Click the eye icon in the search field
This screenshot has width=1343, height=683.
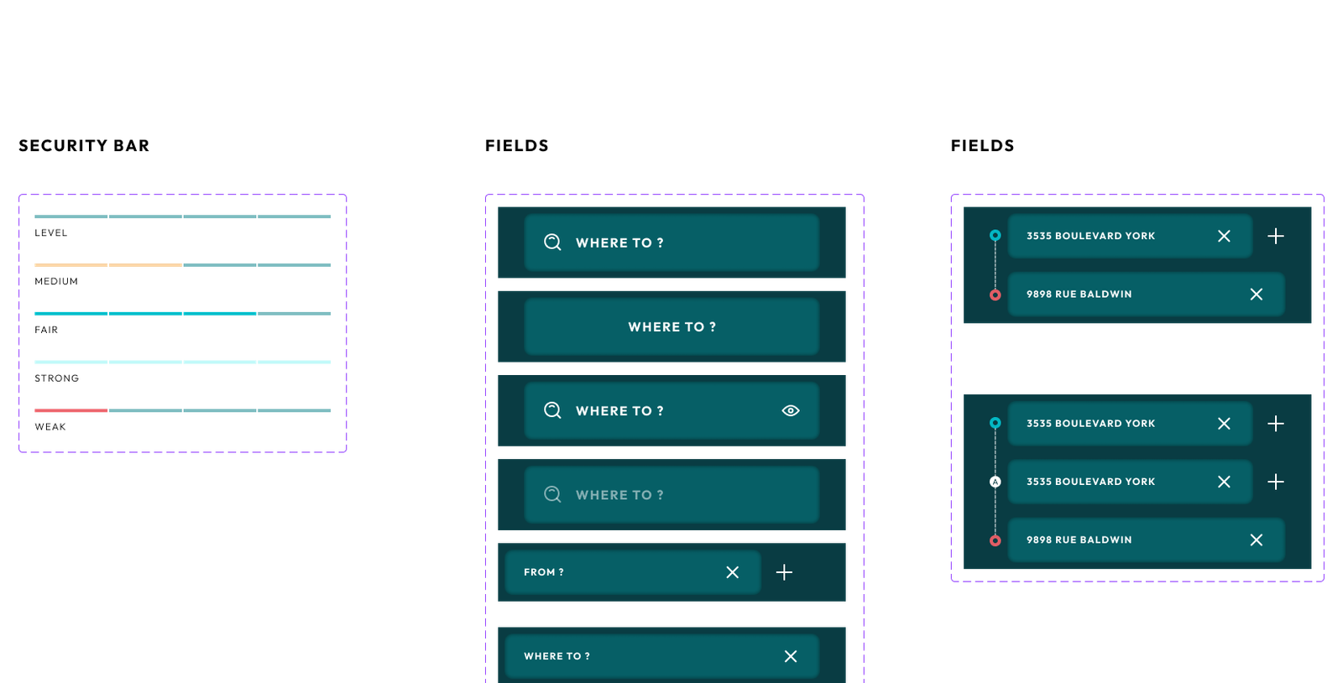coord(791,410)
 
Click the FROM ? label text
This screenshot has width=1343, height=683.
coord(544,572)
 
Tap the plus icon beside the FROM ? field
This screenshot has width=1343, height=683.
coord(784,572)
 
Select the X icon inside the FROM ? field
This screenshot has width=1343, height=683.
coord(733,572)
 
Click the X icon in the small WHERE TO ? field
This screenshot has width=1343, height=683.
coord(791,656)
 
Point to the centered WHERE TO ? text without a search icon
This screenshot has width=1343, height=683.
coord(671,326)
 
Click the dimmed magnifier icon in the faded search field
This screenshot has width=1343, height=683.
coord(552,494)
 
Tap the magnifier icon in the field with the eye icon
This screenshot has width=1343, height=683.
coord(552,410)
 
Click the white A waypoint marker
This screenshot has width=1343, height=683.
coord(995,482)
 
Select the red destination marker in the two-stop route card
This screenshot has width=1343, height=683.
coord(995,295)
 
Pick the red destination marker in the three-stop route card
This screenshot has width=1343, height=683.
coord(995,540)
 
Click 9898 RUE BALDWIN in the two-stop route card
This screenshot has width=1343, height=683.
coord(1079,295)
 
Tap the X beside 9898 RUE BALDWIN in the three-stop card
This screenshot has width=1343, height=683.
coord(1257,540)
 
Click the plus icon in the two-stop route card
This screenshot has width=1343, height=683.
coord(1276,237)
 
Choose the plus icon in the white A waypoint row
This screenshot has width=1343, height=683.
coord(1276,482)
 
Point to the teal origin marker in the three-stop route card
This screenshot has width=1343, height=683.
coord(995,423)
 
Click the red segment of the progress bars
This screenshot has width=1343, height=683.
coord(71,410)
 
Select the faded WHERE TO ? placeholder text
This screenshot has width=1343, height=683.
coord(619,495)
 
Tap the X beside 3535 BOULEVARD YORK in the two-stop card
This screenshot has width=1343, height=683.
coord(1224,237)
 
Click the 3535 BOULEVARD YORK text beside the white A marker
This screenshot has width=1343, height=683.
coord(1090,482)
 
